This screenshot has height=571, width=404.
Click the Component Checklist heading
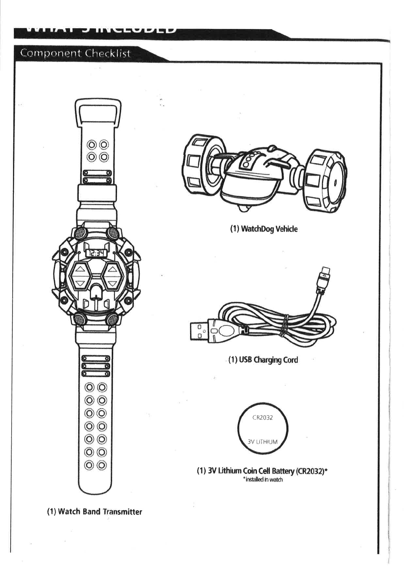point(76,54)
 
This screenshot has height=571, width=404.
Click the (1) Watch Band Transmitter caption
point(94,512)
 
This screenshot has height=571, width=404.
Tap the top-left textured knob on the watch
point(80,233)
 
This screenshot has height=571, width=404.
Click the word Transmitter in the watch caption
point(122,512)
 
